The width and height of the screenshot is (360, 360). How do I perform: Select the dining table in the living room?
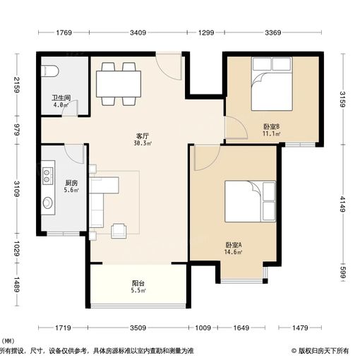coord(117,83)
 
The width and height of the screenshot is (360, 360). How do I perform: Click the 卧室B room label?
coord(271,127)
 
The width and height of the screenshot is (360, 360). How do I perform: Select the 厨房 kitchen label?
coord(61,181)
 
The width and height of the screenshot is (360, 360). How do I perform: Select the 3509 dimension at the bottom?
coord(138,328)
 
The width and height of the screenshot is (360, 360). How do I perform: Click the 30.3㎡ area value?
coord(142,143)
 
